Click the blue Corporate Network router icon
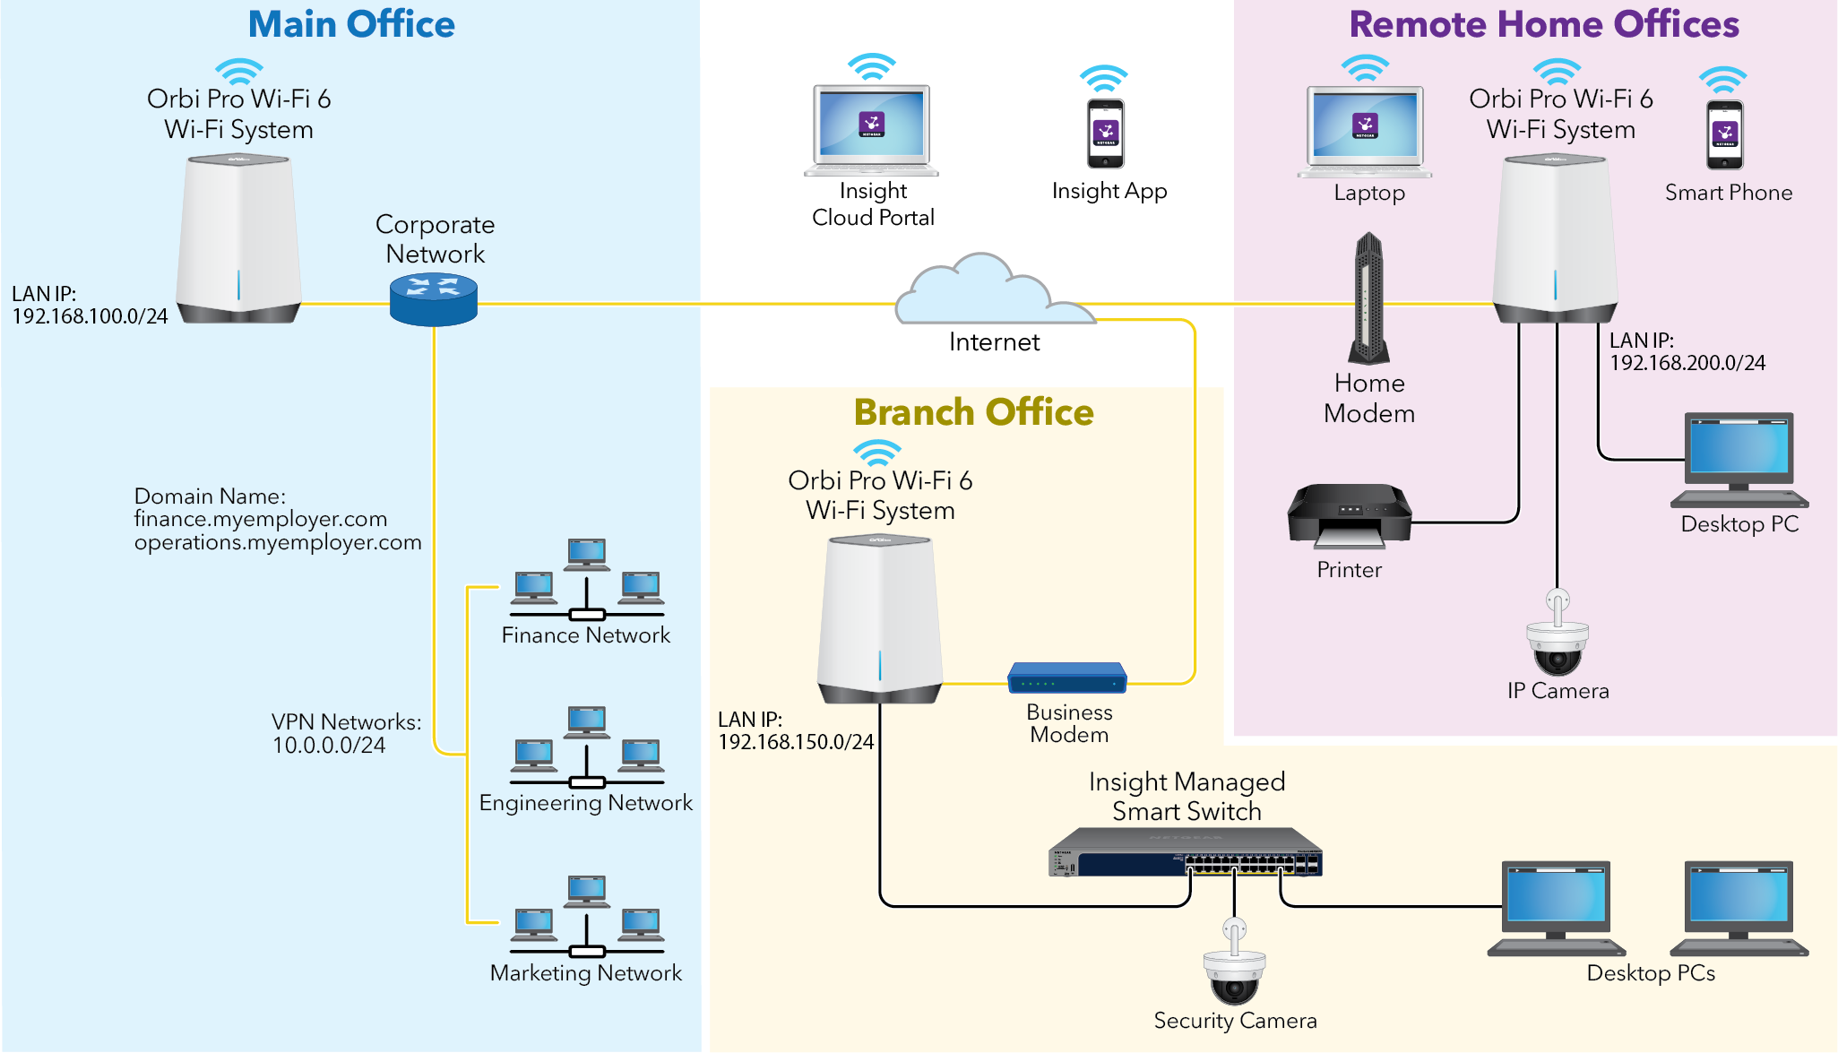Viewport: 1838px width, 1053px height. click(x=434, y=299)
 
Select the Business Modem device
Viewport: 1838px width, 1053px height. click(x=1066, y=678)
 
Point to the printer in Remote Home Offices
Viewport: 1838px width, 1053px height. click(x=1349, y=517)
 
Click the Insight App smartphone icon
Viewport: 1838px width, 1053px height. click(x=1106, y=134)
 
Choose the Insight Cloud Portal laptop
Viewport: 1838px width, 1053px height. click(x=871, y=131)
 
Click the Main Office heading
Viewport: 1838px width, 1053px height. click(x=351, y=24)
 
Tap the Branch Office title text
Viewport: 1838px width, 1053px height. click(x=973, y=412)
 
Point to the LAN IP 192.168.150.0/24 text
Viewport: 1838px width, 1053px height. click(x=795, y=742)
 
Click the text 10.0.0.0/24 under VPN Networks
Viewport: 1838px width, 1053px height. click(x=329, y=746)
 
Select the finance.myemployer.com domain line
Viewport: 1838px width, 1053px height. click(x=261, y=519)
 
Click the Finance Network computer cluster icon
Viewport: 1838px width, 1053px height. click(x=587, y=580)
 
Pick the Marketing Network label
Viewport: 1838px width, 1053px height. click(x=585, y=973)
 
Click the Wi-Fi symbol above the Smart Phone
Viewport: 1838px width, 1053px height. click(x=1722, y=80)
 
